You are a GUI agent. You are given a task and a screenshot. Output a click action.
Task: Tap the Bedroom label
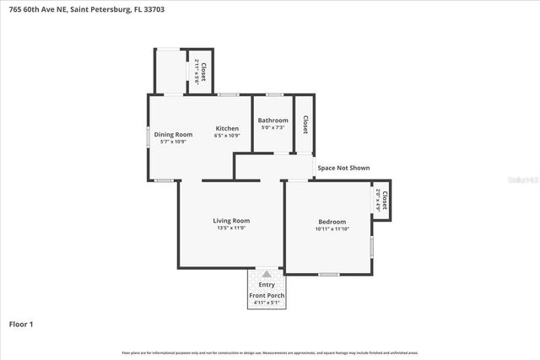click(x=332, y=222)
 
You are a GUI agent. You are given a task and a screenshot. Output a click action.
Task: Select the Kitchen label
click(x=227, y=128)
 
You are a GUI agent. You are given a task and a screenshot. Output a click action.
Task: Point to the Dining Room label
click(x=172, y=134)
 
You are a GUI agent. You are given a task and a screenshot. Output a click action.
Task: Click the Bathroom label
click(x=273, y=121)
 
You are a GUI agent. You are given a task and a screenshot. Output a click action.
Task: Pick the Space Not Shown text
click(x=343, y=168)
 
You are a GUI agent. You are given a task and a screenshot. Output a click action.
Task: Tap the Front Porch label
click(x=267, y=296)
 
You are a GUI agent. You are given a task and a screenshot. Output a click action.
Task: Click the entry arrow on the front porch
click(x=267, y=274)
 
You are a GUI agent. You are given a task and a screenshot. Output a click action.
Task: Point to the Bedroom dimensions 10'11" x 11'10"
click(x=332, y=229)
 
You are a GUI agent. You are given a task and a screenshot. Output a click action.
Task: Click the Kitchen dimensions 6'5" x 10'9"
click(x=227, y=136)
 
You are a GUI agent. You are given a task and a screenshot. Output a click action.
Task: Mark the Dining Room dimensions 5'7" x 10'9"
click(x=172, y=142)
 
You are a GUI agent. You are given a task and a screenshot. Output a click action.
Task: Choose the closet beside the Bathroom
click(x=305, y=125)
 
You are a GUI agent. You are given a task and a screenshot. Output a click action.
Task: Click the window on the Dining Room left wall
click(x=148, y=136)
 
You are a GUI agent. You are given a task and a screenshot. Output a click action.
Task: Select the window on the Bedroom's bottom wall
click(x=328, y=274)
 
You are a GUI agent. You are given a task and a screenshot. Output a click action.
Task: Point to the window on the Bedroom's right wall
click(x=372, y=246)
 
